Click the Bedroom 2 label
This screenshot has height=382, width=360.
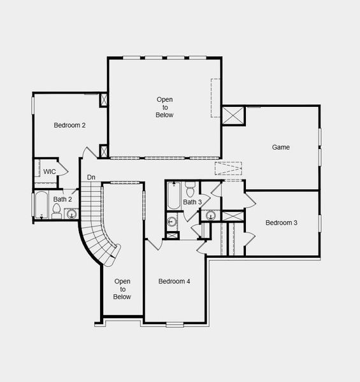(x=69, y=125)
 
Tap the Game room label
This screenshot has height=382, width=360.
(x=281, y=147)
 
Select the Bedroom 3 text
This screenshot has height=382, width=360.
(x=282, y=223)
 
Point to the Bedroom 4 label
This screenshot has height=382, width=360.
(x=174, y=281)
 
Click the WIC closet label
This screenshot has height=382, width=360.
(x=49, y=172)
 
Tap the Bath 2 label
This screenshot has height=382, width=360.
(x=62, y=200)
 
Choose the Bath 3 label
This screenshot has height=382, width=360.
(x=192, y=202)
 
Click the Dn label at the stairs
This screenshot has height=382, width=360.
(x=91, y=178)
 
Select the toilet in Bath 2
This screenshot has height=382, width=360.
(x=56, y=210)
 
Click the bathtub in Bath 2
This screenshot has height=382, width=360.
(x=41, y=205)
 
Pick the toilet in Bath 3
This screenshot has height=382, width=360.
(x=190, y=190)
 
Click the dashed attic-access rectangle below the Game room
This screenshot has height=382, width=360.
(x=229, y=169)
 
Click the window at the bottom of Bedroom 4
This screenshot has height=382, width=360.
(x=173, y=325)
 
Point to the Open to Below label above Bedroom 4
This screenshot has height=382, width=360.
(x=164, y=107)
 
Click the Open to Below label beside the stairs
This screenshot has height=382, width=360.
(x=122, y=289)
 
